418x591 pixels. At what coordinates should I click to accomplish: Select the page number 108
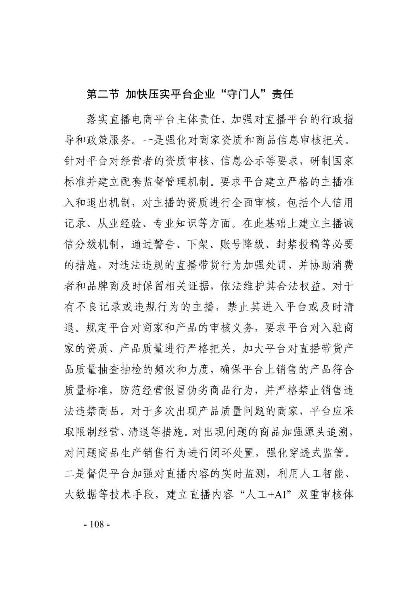(x=97, y=524)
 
